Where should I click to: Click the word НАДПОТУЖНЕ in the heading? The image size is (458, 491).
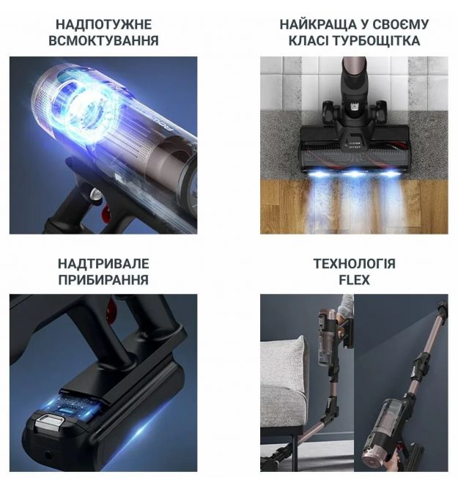click(103, 25)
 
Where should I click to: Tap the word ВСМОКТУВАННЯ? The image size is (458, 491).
click(103, 41)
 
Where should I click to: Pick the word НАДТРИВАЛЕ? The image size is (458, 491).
click(103, 264)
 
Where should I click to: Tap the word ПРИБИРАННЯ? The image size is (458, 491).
click(103, 280)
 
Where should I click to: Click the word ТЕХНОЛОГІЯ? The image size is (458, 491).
click(355, 264)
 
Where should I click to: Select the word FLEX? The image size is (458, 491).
click(355, 280)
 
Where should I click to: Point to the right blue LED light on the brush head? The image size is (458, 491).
click(391, 174)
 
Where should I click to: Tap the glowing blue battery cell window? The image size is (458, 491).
click(70, 407)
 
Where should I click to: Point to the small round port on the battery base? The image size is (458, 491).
click(48, 454)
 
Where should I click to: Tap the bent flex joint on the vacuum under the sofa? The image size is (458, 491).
click(330, 411)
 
